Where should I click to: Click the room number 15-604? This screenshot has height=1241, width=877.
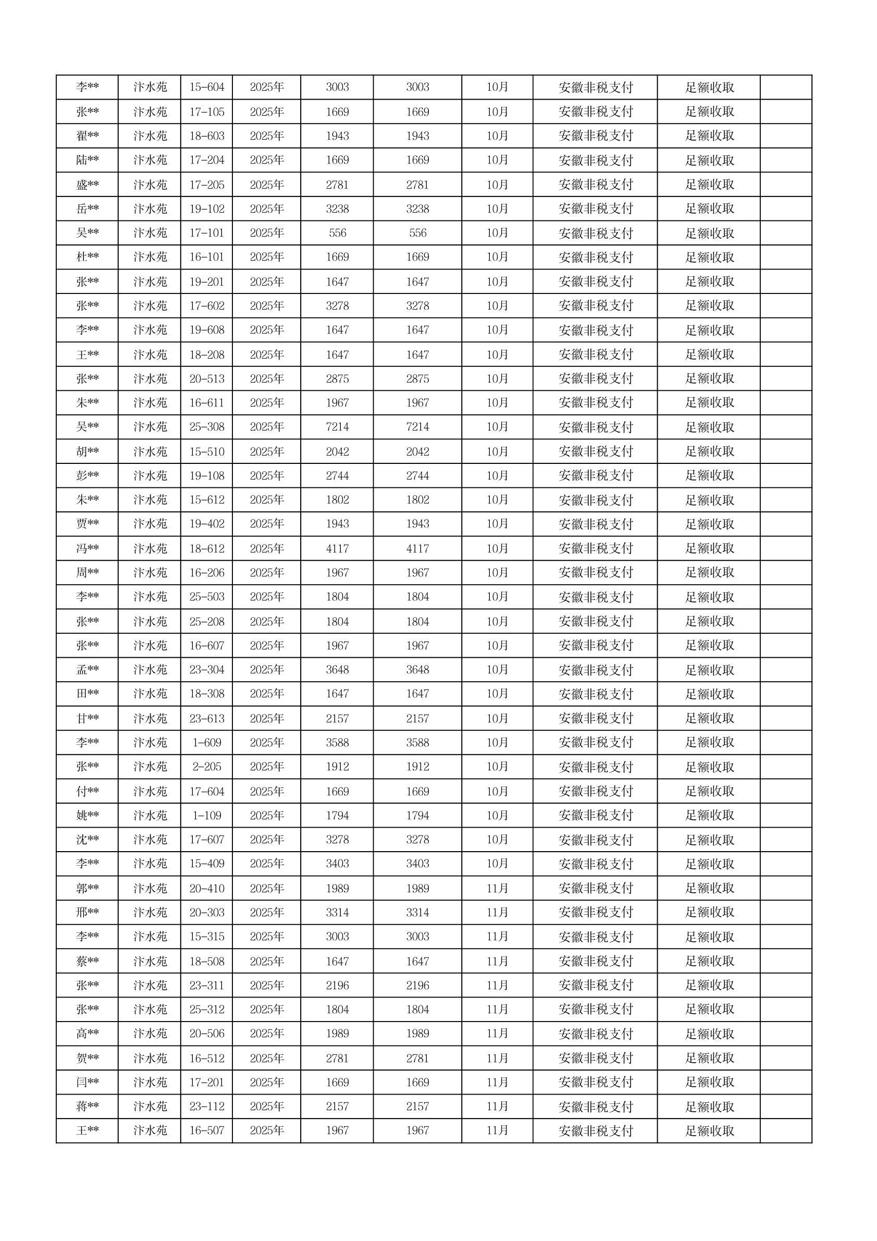click(x=206, y=87)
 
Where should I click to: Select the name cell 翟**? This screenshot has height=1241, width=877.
click(x=87, y=136)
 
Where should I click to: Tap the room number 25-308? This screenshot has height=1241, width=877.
click(x=206, y=427)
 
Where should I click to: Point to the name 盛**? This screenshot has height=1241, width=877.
click(x=87, y=185)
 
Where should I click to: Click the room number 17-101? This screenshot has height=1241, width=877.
click(x=206, y=233)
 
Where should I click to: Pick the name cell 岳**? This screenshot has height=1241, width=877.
click(x=87, y=208)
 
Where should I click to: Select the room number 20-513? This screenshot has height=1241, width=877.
click(x=206, y=379)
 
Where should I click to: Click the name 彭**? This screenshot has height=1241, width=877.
click(x=87, y=476)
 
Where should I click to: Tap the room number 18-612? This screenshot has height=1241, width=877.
click(x=206, y=549)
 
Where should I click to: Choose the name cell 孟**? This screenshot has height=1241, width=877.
click(x=87, y=670)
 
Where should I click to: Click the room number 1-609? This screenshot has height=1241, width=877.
click(x=206, y=743)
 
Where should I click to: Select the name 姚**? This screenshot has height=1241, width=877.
click(x=87, y=815)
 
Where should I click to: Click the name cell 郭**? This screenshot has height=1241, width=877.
click(x=87, y=888)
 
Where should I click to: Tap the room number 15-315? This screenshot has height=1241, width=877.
click(x=206, y=936)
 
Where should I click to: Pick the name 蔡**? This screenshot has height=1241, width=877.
click(x=87, y=961)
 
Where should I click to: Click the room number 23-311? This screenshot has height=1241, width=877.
click(x=206, y=985)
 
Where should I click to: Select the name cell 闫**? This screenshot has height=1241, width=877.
click(x=87, y=1083)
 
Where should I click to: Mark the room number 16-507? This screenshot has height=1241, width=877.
click(x=206, y=1131)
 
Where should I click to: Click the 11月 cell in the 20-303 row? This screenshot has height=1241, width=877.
click(x=497, y=912)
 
